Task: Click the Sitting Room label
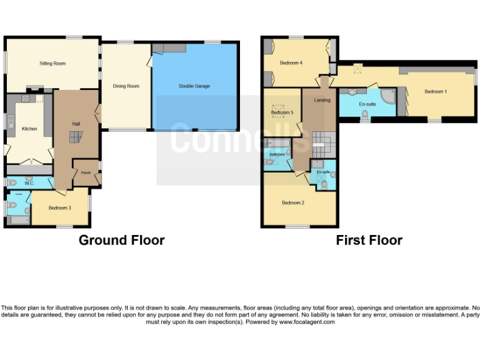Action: pyautogui.click(x=52, y=64)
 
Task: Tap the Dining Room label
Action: pyautogui.click(x=126, y=86)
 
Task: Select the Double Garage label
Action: pyautogui.click(x=194, y=86)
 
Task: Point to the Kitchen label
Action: pyautogui.click(x=29, y=129)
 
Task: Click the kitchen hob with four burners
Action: pyautogui.click(x=26, y=98)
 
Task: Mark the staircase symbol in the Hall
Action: pyautogui.click(x=75, y=141)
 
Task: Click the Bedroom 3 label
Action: pyautogui.click(x=59, y=208)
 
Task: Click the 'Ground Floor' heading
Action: pyautogui.click(x=121, y=241)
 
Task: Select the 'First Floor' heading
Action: pyautogui.click(x=369, y=241)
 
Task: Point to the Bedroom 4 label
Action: pyautogui.click(x=291, y=63)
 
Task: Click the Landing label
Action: pyautogui.click(x=322, y=100)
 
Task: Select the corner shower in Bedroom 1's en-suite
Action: pyautogui.click(x=387, y=97)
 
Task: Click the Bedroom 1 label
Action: pyautogui.click(x=436, y=92)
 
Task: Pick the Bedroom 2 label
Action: pyautogui.click(x=292, y=203)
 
